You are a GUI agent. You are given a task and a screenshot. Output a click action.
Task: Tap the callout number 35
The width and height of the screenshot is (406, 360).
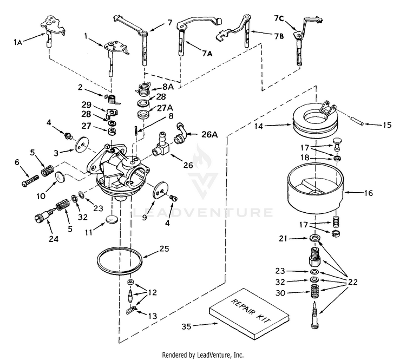[x=186, y=326]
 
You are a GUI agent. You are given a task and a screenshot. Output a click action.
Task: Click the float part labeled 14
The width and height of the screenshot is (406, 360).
[x=316, y=120]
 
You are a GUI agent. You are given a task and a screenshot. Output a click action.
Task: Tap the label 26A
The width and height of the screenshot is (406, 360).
[x=210, y=135]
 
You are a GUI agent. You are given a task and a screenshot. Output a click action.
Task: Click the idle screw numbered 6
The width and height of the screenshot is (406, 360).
[x=30, y=181]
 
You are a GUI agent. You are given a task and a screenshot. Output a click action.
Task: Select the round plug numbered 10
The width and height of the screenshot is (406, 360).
[x=61, y=178]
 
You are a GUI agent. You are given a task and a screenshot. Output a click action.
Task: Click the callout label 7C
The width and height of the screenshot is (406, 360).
[x=279, y=18]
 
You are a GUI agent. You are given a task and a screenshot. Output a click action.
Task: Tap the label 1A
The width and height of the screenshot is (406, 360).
[x=18, y=42]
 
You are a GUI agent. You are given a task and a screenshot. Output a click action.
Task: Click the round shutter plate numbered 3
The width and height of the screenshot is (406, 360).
[x=82, y=145]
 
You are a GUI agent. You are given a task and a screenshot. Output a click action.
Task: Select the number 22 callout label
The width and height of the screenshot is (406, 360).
[x=352, y=282]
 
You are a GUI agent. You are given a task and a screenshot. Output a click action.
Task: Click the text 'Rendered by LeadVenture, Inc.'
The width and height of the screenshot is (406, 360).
[x=203, y=354]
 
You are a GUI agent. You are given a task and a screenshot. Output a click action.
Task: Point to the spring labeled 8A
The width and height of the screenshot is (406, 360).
[x=143, y=89]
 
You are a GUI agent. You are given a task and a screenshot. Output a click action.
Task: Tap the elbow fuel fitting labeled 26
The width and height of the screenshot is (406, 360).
[x=161, y=146]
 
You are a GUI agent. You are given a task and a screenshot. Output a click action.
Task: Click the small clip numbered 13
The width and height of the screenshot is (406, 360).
[x=131, y=310]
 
